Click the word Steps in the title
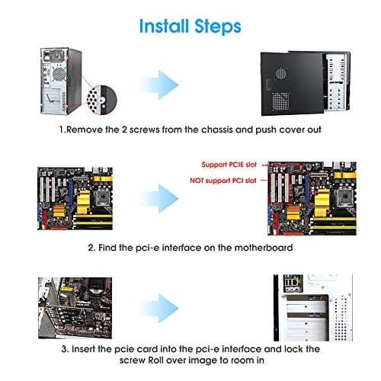pos(218,27)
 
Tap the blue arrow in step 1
pos(160,85)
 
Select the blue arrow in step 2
pos(160,199)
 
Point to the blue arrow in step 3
pos(160,309)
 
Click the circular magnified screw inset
pos(102,100)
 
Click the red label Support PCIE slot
pos(229,165)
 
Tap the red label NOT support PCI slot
pos(223,181)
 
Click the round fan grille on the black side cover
pos(281,74)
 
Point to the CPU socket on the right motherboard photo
pos(345,197)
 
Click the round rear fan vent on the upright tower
pos(59,74)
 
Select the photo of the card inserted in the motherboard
pos(75,308)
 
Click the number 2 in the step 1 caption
pos(124,130)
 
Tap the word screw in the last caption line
pos(133,360)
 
